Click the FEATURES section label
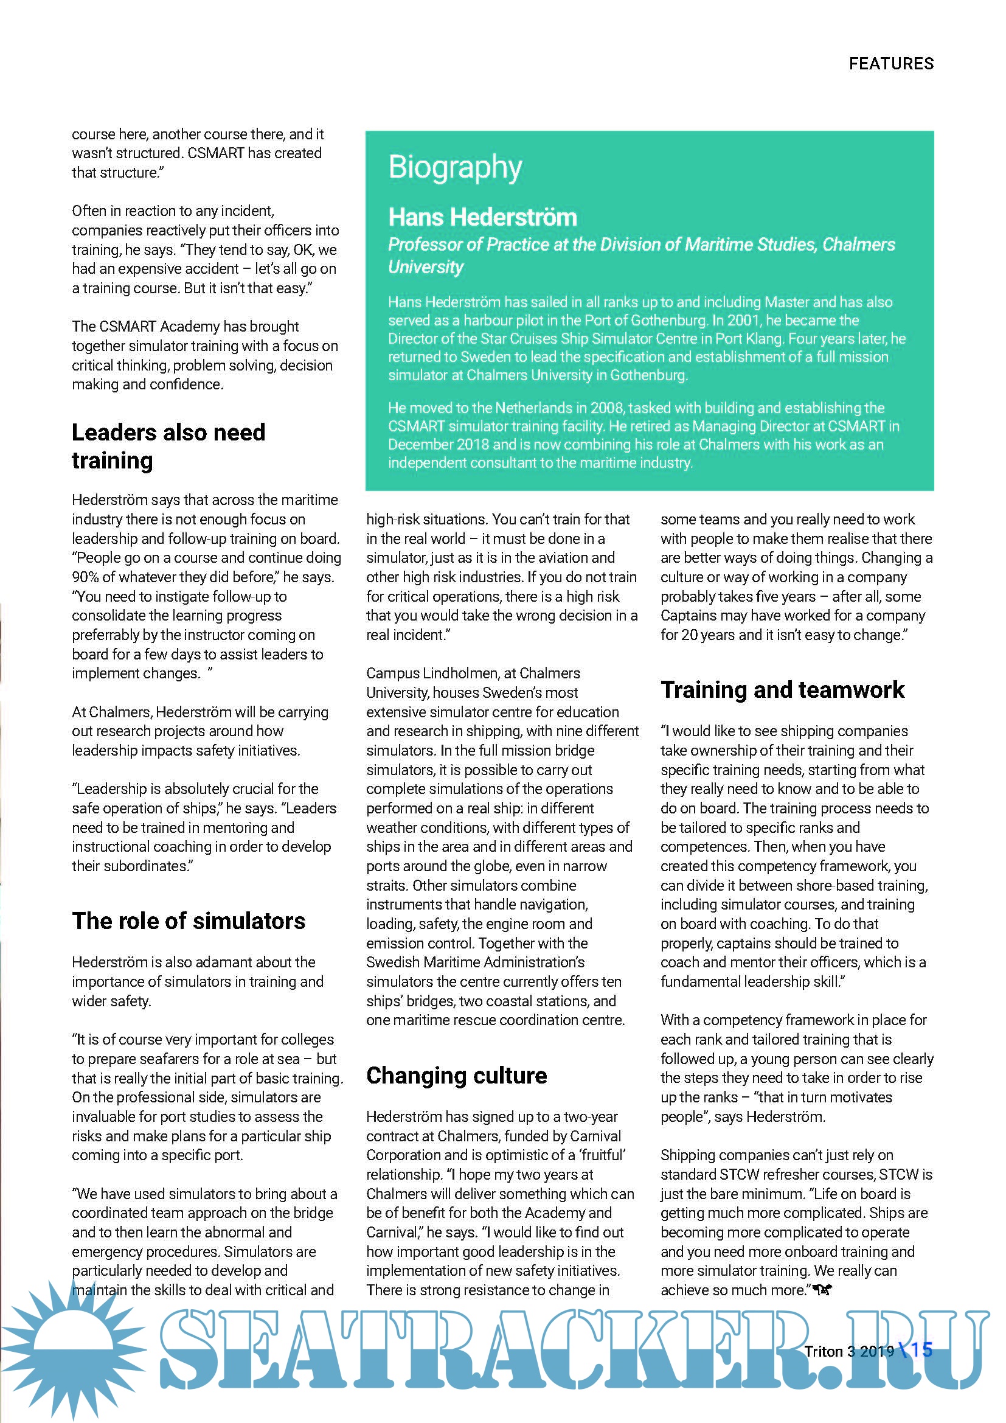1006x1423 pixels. click(891, 64)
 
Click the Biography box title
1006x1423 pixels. click(455, 167)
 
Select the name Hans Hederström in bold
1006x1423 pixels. click(482, 218)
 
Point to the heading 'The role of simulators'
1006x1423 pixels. click(189, 921)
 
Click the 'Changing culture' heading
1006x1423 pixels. click(457, 1075)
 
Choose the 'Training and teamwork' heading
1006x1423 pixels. click(782, 690)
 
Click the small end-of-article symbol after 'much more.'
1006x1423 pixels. click(822, 1290)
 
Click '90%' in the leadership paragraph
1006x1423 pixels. click(85, 577)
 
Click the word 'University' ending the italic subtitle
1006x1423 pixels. click(426, 267)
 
